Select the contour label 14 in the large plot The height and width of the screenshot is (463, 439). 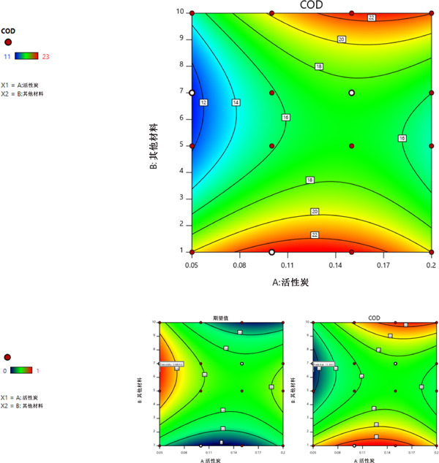(x=236, y=103)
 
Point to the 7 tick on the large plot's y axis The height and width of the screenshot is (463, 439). (x=181, y=93)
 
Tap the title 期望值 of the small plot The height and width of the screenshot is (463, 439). (x=221, y=318)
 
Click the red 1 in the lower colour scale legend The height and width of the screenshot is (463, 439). (x=37, y=371)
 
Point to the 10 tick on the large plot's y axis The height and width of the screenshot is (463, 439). (x=180, y=12)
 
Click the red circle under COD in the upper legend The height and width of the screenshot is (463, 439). (x=8, y=42)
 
